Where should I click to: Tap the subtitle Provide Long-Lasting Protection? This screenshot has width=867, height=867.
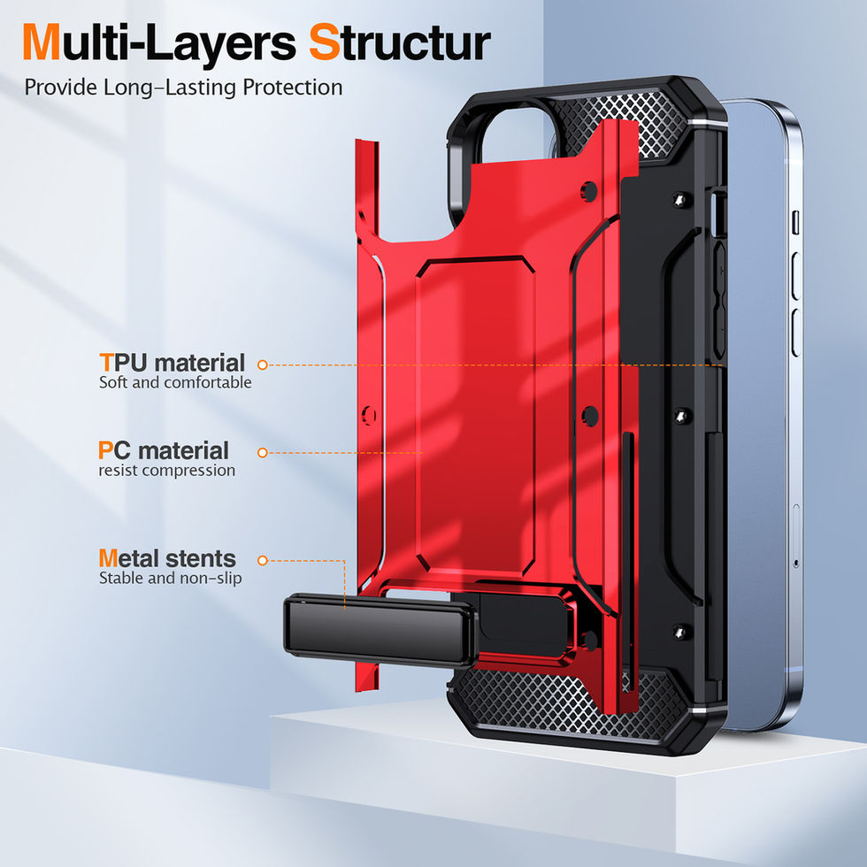pyautogui.click(x=183, y=88)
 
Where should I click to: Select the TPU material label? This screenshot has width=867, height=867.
pyautogui.click(x=173, y=363)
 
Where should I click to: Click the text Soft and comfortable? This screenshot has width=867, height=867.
pyautogui.click(x=175, y=383)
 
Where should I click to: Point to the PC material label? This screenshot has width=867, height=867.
pyautogui.click(x=164, y=450)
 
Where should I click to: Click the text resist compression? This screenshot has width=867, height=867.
pyautogui.click(x=167, y=471)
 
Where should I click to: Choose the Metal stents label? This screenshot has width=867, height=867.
pyautogui.click(x=167, y=559)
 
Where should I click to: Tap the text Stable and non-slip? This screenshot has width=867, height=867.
pyautogui.click(x=171, y=579)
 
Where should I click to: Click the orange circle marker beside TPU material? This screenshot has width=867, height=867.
pyautogui.click(x=263, y=364)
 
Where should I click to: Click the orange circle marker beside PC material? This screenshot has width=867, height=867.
pyautogui.click(x=262, y=452)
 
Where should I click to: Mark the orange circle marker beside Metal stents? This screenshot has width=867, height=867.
pyautogui.click(x=262, y=561)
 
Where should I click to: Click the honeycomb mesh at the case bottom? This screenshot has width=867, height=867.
pyautogui.click(x=566, y=699)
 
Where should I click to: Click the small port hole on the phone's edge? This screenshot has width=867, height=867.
pyautogui.click(x=796, y=563)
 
